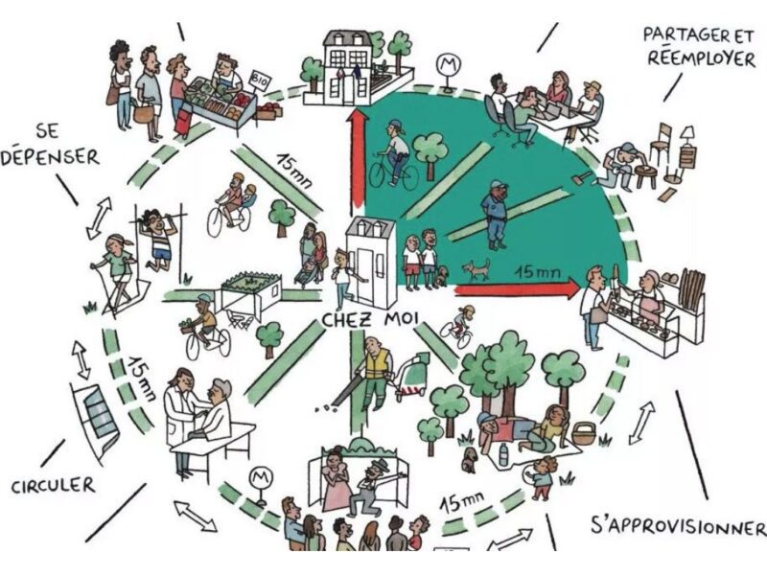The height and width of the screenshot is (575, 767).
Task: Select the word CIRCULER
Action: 54,485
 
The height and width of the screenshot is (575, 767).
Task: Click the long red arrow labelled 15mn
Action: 518,287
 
